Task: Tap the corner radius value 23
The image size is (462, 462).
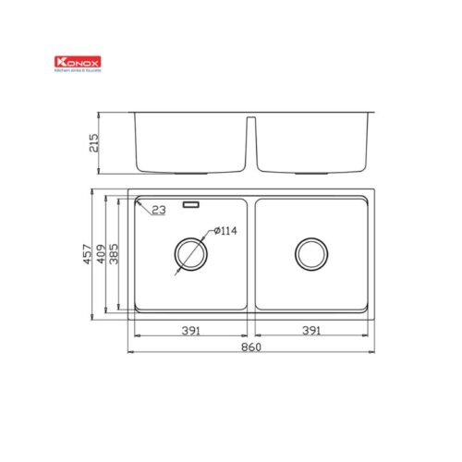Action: point(158,212)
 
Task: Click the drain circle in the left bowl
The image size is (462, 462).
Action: point(189,253)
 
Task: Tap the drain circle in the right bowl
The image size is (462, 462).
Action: point(310,253)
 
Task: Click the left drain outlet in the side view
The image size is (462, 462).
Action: point(189,172)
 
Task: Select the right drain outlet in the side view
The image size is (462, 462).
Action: point(310,172)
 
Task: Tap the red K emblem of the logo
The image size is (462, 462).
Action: point(61,63)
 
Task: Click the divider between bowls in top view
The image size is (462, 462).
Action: point(249,258)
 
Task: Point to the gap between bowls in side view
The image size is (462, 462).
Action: point(249,139)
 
